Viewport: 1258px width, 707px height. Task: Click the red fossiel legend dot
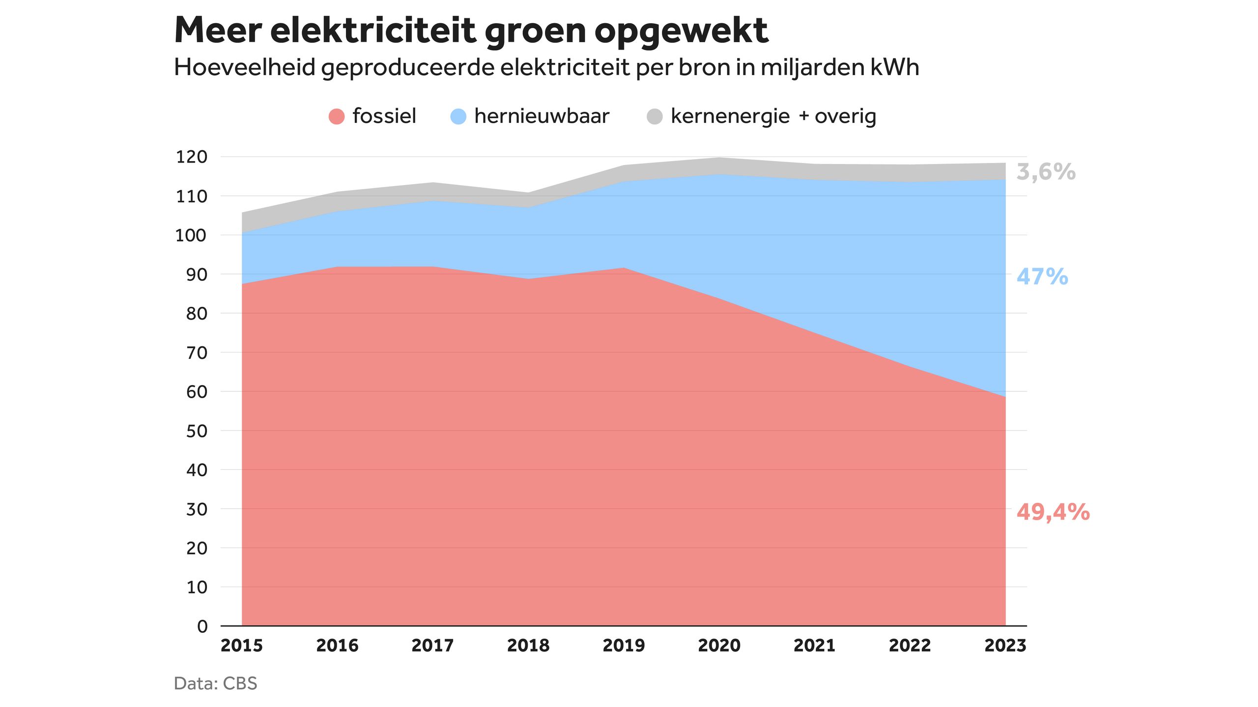click(x=337, y=116)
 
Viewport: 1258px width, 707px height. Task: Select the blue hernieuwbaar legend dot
click(x=458, y=116)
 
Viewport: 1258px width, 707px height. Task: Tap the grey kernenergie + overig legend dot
click(x=655, y=116)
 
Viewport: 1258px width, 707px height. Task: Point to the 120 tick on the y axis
click(x=192, y=157)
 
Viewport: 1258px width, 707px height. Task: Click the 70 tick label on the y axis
click(x=197, y=353)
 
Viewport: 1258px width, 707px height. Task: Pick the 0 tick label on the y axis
click(x=202, y=626)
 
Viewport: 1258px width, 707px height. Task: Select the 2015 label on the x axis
click(x=242, y=645)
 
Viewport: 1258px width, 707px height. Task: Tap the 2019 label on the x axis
click(x=624, y=645)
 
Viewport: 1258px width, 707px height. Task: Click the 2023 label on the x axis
click(x=1005, y=645)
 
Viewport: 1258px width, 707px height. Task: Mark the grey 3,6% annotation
click(x=1046, y=172)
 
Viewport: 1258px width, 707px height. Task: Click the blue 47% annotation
click(x=1042, y=276)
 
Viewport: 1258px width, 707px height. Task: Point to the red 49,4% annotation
click(x=1053, y=512)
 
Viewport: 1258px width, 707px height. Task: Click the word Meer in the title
click(x=218, y=30)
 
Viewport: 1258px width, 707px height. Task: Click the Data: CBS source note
click(x=216, y=683)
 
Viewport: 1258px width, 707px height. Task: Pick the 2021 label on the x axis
click(x=815, y=645)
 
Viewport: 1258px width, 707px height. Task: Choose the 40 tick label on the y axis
click(x=197, y=470)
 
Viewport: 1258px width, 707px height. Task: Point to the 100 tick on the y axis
click(x=192, y=235)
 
